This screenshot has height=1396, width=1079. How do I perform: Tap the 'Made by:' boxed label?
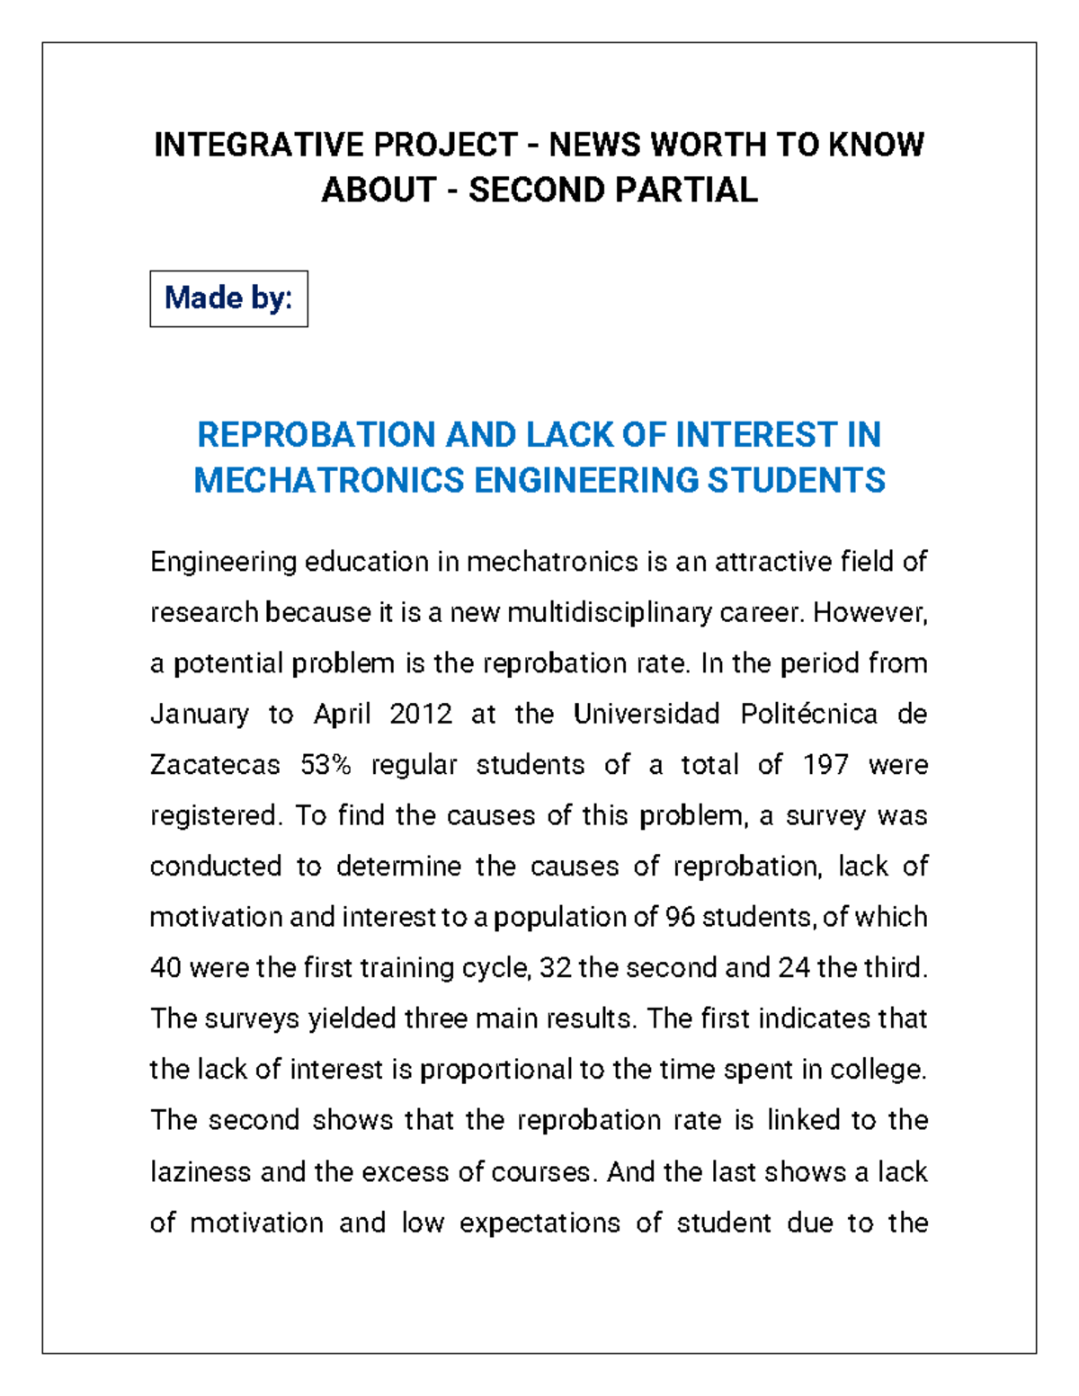[228, 298]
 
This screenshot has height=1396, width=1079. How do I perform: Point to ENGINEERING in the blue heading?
[585, 481]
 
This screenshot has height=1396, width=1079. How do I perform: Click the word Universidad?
[647, 715]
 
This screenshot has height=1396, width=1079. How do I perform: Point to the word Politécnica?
[808, 715]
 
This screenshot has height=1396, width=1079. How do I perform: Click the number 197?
[825, 765]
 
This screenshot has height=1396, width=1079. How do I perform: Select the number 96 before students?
[679, 918]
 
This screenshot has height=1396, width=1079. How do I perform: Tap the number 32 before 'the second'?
[555, 968]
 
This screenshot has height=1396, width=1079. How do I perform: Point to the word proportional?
[495, 1070]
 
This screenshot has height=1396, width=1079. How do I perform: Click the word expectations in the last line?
[539, 1223]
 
